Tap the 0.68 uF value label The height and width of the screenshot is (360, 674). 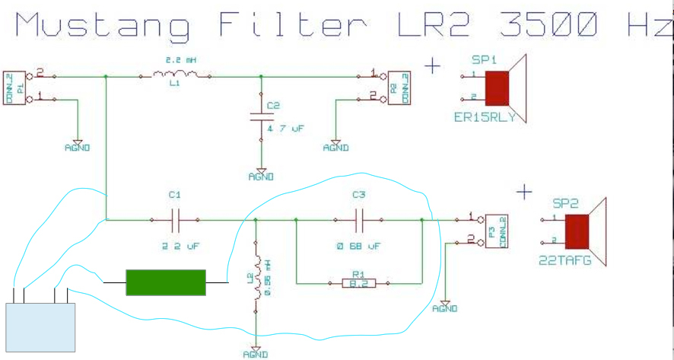coord(358,247)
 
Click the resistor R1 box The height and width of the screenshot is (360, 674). coord(358,283)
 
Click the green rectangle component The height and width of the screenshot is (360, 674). coord(166,282)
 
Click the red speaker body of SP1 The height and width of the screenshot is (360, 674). coord(497,88)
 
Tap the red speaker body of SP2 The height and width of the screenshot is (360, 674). coord(578,232)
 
